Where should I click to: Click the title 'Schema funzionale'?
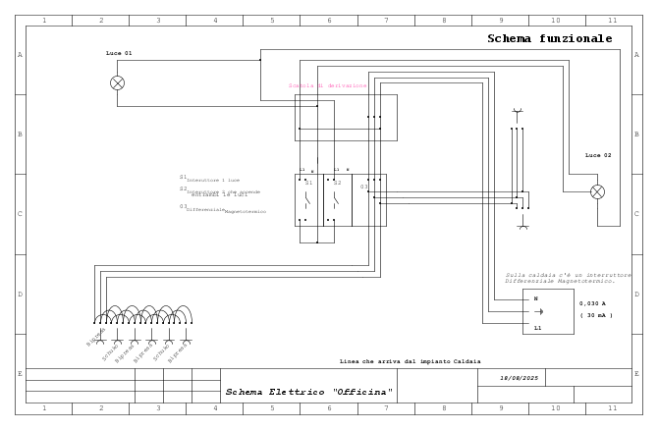click(549, 39)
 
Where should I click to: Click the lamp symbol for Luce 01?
click(118, 83)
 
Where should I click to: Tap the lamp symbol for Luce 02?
click(597, 192)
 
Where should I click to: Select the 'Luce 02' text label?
click(598, 155)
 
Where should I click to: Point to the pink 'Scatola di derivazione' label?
click(327, 85)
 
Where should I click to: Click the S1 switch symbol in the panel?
click(307, 200)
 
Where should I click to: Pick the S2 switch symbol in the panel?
click(336, 200)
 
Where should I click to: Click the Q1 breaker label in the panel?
click(363, 187)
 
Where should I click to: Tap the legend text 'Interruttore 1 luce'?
click(212, 180)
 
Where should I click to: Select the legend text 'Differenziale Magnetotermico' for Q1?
click(226, 210)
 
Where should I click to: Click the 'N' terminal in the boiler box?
click(535, 298)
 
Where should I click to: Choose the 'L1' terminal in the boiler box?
click(537, 328)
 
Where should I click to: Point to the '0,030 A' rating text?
click(592, 303)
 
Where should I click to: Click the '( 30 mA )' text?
click(595, 315)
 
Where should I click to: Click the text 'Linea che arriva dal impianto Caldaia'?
click(410, 361)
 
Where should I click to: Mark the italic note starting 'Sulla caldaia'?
click(568, 278)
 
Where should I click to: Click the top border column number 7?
click(386, 20)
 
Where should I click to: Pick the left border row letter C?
click(20, 214)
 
